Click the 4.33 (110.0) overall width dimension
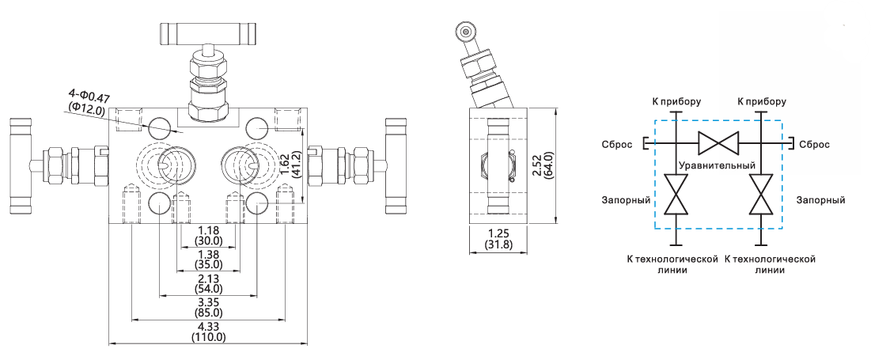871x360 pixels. tap(208, 332)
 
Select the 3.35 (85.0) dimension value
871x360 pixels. tap(208, 307)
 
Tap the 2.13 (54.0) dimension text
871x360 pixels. tap(208, 283)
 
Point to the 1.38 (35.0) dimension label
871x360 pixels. tap(208, 259)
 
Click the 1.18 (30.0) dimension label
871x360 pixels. tap(208, 235)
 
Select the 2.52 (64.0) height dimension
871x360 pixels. tap(541, 165)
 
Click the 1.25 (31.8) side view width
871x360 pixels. tap(498, 238)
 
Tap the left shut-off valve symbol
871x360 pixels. tap(676, 195)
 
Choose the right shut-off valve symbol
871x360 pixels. tap(760, 195)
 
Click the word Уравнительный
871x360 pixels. tap(718, 165)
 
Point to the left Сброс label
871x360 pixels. tap(616, 145)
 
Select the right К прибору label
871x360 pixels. tap(761, 101)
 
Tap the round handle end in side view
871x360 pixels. tap(464, 31)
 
